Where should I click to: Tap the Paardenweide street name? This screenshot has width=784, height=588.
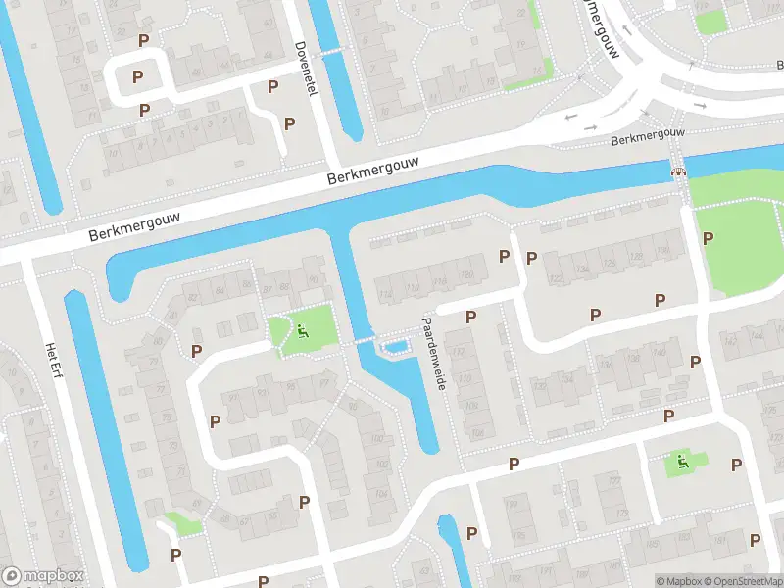pos(433,353)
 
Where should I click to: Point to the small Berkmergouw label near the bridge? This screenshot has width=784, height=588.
pos(647,136)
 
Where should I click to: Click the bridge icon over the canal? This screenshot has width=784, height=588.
pos(678,172)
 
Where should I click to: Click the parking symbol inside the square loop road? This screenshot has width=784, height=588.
pos(138,76)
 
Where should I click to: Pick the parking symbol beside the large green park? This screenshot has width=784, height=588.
pos(708,238)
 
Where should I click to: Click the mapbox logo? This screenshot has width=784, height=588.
pos(43,576)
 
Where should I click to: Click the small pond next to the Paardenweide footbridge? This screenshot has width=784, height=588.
pos(395,346)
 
